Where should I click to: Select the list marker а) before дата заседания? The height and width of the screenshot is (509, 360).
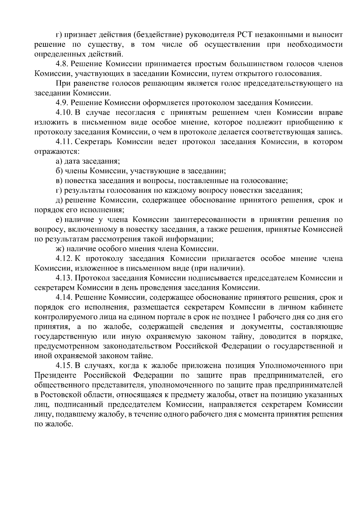tap(59, 161)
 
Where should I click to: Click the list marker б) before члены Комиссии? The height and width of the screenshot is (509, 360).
tap(59, 171)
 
